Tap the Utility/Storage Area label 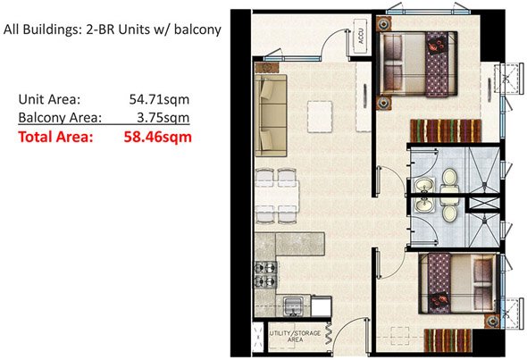289,337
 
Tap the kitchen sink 294,306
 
